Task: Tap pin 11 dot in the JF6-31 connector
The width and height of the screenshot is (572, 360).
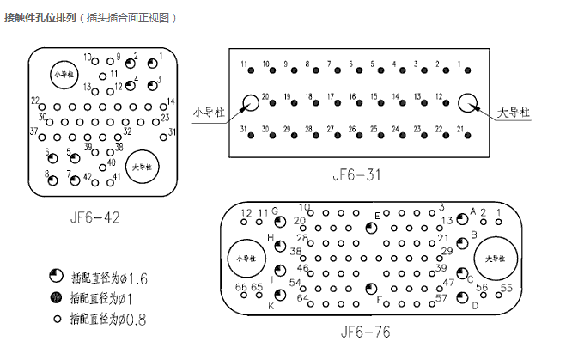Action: (x=245, y=73)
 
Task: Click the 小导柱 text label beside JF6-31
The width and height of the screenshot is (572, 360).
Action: (x=208, y=111)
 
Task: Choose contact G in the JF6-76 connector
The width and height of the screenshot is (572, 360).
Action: (x=279, y=220)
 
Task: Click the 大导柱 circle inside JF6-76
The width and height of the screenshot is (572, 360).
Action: (x=496, y=259)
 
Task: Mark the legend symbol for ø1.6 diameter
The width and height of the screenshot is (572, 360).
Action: (x=57, y=278)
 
